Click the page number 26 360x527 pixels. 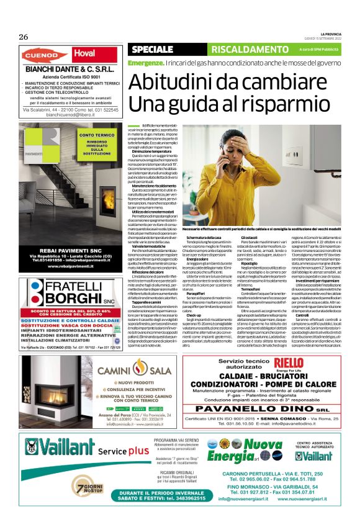(24, 37)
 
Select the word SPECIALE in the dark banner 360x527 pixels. (152, 49)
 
